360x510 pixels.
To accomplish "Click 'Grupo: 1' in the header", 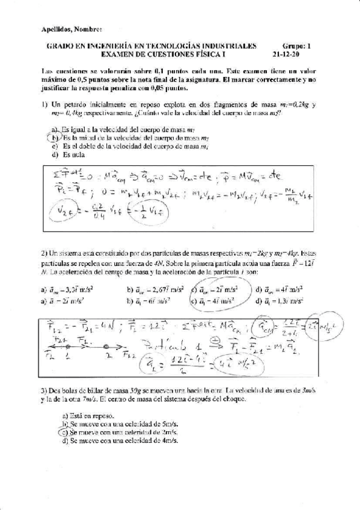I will tap(297, 45).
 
